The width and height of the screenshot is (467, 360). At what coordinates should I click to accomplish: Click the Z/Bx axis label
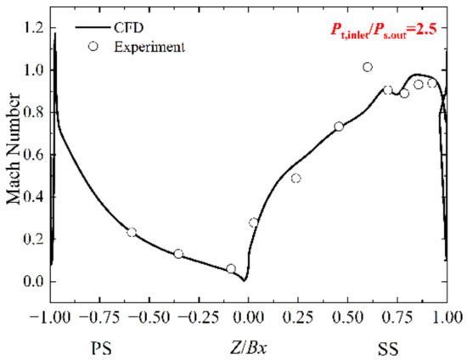tap(247, 348)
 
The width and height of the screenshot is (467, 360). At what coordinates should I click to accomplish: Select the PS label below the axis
tap(100, 348)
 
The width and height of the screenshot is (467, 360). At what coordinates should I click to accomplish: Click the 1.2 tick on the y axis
tap(31, 28)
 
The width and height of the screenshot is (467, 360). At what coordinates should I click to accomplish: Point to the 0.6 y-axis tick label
tap(31, 155)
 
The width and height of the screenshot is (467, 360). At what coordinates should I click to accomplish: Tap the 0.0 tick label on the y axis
tap(31, 282)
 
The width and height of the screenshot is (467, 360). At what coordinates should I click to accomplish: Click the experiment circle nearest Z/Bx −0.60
tap(132, 232)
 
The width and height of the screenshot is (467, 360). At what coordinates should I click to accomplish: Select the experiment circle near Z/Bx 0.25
tap(295, 178)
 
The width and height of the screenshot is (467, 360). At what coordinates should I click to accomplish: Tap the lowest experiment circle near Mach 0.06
tap(231, 268)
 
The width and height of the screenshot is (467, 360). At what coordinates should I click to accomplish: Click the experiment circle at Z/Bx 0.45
tap(339, 127)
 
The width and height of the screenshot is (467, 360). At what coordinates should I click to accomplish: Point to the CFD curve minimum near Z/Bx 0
tap(245, 279)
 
